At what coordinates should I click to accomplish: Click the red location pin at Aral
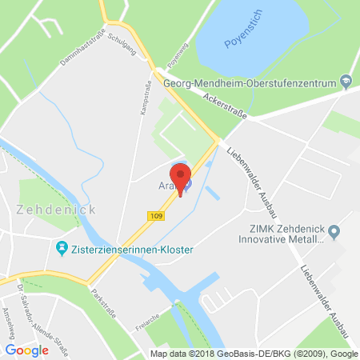[180, 178]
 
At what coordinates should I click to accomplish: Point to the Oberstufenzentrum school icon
[345, 79]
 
